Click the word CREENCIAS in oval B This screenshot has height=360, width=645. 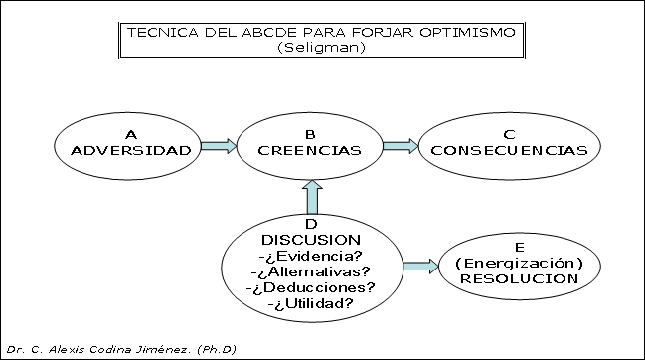tap(309, 151)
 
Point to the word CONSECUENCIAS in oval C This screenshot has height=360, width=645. tap(510, 151)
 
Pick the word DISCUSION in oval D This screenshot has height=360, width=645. tap(311, 240)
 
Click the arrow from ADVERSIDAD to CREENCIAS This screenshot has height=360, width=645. tap(218, 146)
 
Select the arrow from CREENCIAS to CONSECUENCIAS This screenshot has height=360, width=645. tap(399, 146)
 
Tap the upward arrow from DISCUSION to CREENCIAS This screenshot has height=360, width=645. tap(311, 199)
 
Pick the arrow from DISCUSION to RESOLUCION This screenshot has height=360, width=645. tap(419, 266)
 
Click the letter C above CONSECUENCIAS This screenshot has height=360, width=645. tap(510, 135)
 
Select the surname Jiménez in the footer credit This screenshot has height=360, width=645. tap(162, 349)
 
